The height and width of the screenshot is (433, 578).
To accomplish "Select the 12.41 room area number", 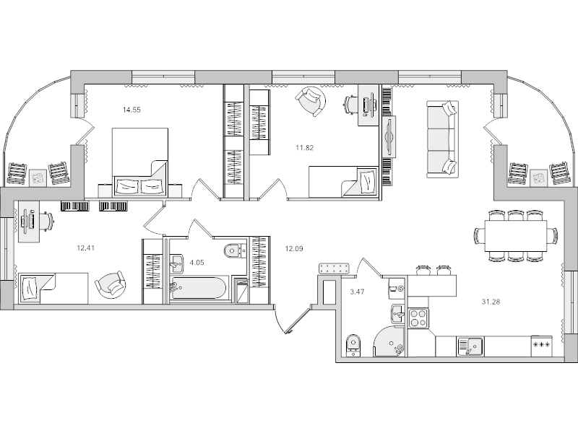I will pos(87,246).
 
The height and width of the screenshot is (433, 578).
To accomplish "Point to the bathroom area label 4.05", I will pos(196,263).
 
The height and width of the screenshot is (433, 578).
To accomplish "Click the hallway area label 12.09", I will pos(294,250).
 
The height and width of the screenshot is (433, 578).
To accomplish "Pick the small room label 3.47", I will pos(356,292).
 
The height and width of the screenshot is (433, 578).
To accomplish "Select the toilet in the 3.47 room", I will pos(353,344).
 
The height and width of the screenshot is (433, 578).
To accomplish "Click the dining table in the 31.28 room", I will pos(515,235).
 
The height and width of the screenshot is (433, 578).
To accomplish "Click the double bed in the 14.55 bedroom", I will pos(140,162).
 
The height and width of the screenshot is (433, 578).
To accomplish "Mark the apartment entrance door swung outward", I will pos(298,320).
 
